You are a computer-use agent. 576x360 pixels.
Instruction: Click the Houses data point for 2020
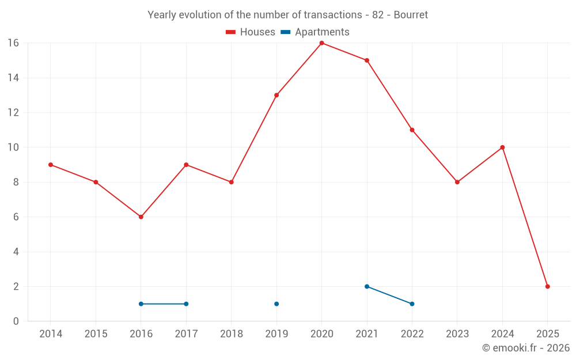[x=321, y=43]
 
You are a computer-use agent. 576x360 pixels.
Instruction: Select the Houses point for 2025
[x=547, y=286]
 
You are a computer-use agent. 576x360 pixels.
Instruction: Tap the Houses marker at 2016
[x=141, y=217]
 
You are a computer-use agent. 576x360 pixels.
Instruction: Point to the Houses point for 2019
[x=276, y=95]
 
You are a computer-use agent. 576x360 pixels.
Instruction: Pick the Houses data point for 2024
[x=502, y=147]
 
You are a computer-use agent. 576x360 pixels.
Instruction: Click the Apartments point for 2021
[x=367, y=286]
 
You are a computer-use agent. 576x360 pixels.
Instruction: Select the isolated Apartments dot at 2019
[x=276, y=304]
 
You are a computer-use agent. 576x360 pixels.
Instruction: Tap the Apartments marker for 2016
[x=141, y=304]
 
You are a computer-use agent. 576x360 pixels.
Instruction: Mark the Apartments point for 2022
[x=412, y=304]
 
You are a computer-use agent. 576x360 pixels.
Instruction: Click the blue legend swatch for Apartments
[x=286, y=32]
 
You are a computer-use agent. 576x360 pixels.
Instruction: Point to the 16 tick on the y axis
[x=13, y=43]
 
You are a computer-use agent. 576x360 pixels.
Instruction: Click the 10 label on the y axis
[x=13, y=147]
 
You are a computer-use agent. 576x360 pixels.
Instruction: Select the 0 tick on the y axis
[x=16, y=321]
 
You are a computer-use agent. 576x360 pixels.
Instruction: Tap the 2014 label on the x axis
[x=51, y=334]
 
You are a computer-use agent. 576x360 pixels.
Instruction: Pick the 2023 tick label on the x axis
[x=457, y=334]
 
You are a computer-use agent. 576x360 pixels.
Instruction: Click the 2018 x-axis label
[x=232, y=334]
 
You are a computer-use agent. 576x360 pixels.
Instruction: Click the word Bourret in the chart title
[x=411, y=15]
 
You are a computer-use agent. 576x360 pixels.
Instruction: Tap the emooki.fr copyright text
[x=525, y=348]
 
